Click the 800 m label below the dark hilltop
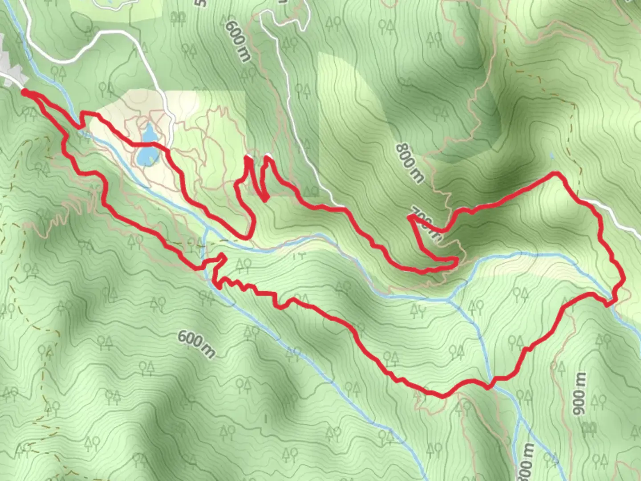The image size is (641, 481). (409, 163)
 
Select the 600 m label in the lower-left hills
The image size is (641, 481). (196, 344)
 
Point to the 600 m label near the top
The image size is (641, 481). (238, 41)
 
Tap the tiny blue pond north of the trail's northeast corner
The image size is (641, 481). (552, 155)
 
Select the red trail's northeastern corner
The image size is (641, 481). (556, 173)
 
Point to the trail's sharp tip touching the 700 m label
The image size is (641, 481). (410, 218)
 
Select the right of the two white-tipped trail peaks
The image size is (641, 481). (267, 156)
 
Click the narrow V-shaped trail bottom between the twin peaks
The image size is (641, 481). (265, 199)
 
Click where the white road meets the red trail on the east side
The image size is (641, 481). (592, 203)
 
